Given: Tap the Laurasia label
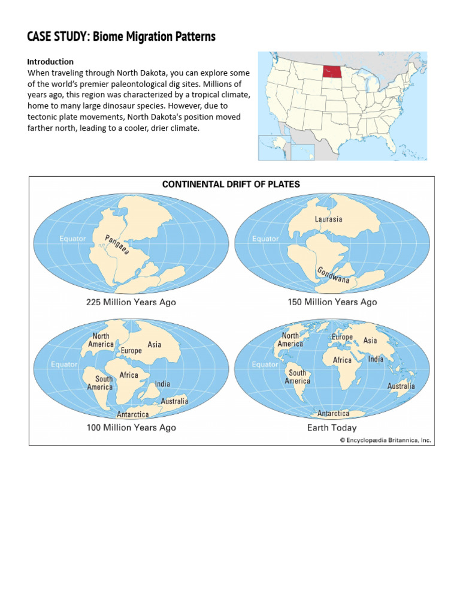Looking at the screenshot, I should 328,219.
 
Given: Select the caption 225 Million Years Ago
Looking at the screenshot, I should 131,302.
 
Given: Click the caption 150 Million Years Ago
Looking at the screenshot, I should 332,302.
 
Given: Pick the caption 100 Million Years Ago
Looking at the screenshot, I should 131,428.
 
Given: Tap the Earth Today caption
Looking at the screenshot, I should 332,428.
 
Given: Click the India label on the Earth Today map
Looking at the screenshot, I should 376,359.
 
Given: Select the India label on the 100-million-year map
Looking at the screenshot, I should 162,384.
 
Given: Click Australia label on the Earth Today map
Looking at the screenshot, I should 401,386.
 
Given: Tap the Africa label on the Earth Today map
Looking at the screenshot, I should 342,360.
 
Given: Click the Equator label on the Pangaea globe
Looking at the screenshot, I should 72,239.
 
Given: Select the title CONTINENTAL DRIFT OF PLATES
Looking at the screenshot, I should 231,184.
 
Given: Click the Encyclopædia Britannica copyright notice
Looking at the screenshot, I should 385,440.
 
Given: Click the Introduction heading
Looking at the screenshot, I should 50,61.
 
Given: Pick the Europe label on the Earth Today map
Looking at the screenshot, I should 342,337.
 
